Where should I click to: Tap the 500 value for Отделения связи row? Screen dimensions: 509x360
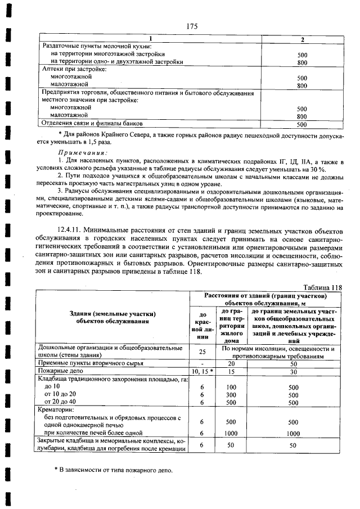(301, 124)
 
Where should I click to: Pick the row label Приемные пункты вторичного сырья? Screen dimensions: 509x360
(94, 364)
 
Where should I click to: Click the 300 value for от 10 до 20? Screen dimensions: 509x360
(231, 396)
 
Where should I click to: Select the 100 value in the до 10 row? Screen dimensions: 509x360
(231, 388)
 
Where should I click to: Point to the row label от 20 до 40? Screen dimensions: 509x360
(63, 404)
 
